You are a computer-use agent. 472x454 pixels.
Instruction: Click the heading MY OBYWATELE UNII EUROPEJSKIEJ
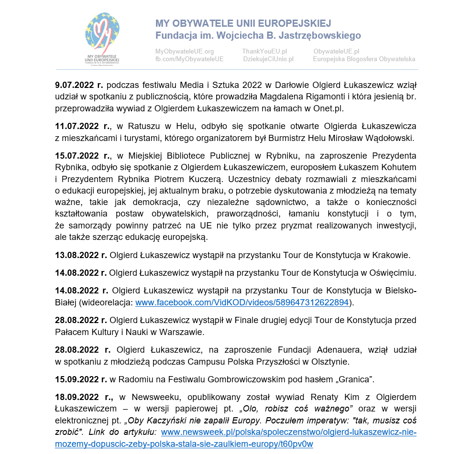(x=243, y=24)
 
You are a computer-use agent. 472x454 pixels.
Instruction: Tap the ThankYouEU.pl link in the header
(x=264, y=51)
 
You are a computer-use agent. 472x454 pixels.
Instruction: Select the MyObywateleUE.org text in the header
(x=184, y=51)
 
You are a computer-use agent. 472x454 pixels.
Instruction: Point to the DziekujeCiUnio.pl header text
(x=268, y=59)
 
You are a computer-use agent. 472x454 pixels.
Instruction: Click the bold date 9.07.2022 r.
(x=79, y=86)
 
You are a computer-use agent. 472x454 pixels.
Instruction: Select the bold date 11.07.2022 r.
(x=83, y=127)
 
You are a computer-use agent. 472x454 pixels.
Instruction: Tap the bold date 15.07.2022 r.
(x=83, y=156)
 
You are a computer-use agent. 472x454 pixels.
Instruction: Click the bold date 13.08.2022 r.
(x=81, y=255)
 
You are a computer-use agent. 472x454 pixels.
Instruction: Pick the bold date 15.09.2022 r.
(x=81, y=380)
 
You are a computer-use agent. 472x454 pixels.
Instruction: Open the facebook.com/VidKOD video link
(x=242, y=302)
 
